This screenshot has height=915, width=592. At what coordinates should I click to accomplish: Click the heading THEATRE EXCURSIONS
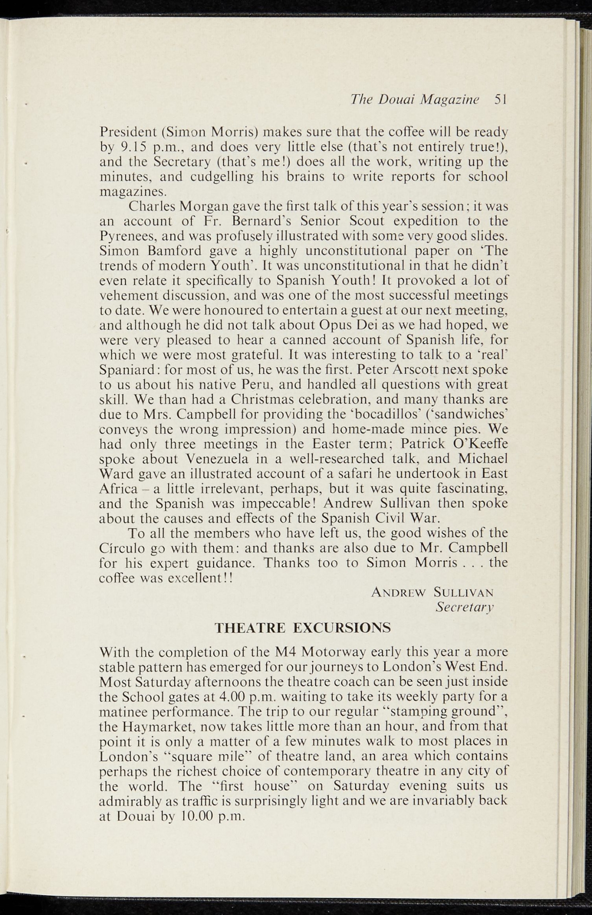(302, 628)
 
